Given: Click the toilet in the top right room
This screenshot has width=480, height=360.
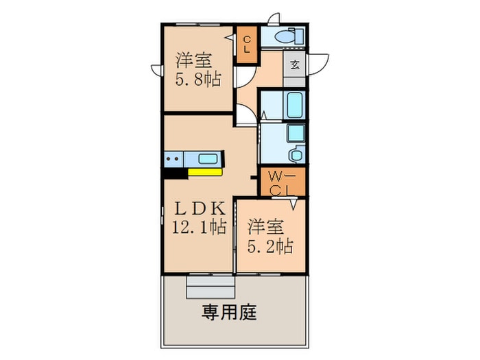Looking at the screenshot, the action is pos(289,37).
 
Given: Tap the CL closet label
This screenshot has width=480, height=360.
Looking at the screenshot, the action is pos(247,45).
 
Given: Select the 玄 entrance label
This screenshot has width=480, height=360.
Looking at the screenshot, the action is pos(295,65).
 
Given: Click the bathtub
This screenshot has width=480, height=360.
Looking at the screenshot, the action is pos(294,105).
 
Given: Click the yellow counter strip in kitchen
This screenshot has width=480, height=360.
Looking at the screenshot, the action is pos(205,172).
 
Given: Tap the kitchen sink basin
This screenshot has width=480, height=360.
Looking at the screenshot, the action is pos(208,159).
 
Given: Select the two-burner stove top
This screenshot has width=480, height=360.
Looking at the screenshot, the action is pos(173,159).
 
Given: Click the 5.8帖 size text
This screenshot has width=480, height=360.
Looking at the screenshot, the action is pos(198,80).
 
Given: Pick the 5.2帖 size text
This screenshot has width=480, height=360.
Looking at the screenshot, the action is pos(270,246).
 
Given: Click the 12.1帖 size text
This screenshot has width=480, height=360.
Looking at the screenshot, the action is pos(200,227).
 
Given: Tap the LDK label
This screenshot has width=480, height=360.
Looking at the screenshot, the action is pos(200,208).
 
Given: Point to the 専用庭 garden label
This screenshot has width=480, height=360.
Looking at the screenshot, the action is pos(229,312).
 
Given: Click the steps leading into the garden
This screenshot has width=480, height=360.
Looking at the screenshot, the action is pos(211,287).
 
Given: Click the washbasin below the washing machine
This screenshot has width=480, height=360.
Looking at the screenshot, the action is pos(296,154).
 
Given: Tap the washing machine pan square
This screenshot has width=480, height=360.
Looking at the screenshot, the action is pos(296,132).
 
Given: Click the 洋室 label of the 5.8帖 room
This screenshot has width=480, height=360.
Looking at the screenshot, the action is pos(194,60).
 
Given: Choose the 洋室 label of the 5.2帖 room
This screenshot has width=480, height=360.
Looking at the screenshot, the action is pos(266,227).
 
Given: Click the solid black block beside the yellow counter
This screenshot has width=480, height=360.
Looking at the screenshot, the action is pos(175,173).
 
